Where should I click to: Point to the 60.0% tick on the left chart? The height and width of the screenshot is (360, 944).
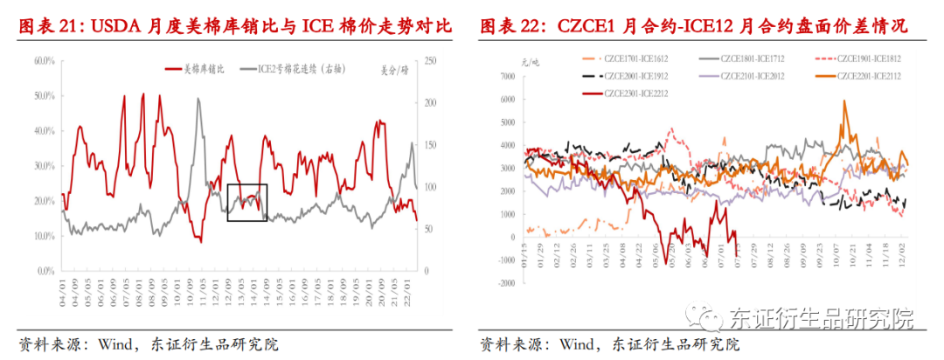point(44,60)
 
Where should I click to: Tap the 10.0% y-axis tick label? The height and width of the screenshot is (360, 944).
point(44,236)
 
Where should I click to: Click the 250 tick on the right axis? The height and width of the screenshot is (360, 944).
point(429,60)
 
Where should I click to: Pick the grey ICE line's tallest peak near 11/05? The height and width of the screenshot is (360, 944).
point(198,99)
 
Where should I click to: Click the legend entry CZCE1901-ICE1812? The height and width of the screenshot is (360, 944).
point(869,59)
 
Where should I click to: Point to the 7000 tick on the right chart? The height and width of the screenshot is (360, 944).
point(508,76)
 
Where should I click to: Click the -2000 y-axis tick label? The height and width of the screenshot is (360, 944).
point(505,283)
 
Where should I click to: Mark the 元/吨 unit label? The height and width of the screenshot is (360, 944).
point(508,61)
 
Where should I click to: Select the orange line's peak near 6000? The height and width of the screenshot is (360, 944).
point(844,101)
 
